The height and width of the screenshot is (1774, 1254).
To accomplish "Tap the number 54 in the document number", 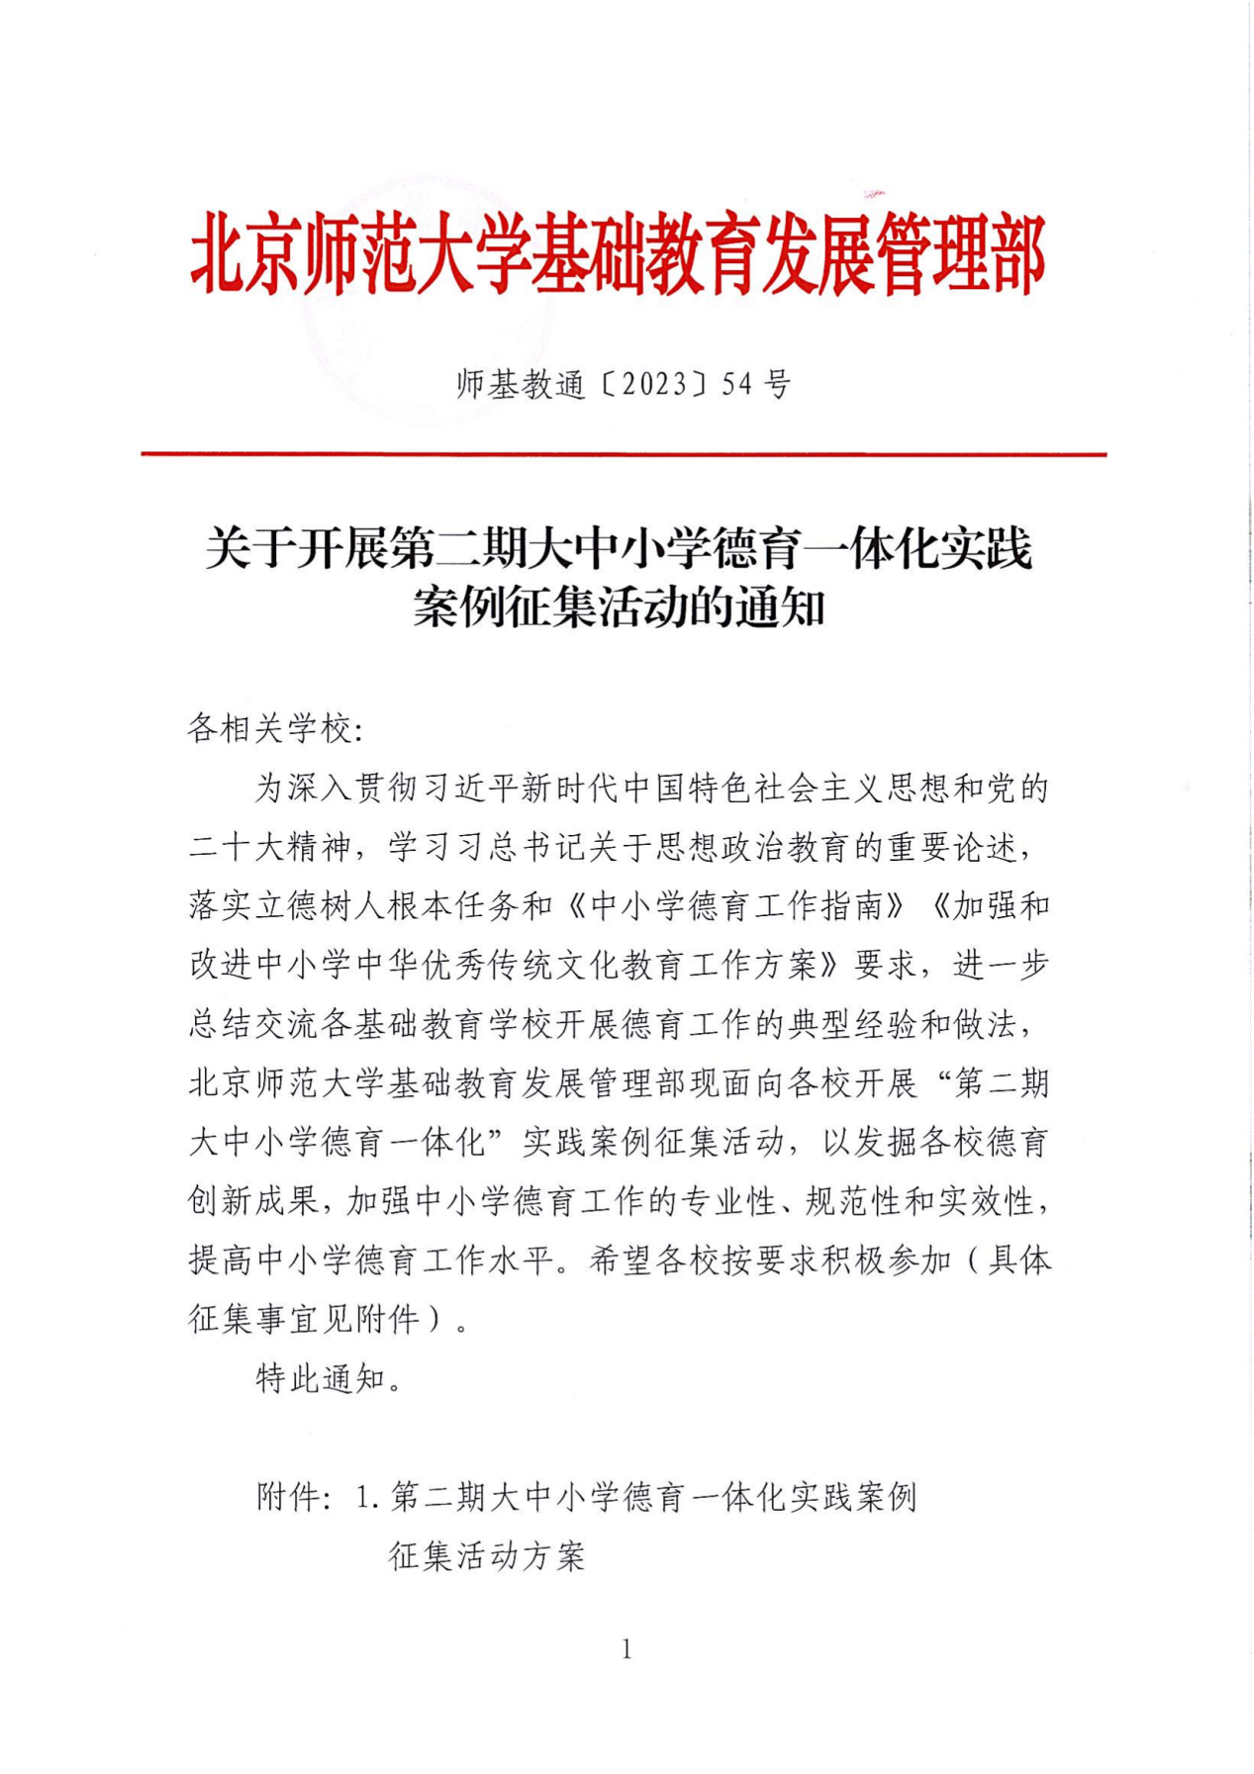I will pos(737,384).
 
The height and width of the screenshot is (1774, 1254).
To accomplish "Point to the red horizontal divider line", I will pos(624,454).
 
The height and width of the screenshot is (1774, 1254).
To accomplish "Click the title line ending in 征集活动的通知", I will pos(619,607).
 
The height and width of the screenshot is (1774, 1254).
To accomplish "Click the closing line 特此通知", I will pos(321,1377).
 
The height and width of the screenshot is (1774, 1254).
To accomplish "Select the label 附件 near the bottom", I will pos(288,1497).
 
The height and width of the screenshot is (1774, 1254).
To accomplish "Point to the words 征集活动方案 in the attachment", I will pos(487,1556).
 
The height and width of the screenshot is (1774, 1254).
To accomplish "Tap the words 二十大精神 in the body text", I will pos(270,847).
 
